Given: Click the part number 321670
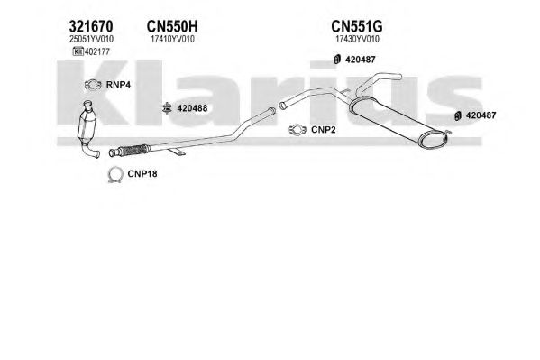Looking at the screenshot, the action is click(x=91, y=26).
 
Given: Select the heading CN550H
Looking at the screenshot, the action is click(x=172, y=26).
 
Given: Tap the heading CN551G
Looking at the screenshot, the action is click(x=357, y=26).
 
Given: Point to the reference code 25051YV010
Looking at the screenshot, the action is click(x=91, y=40).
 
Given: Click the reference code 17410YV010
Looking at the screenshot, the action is click(x=172, y=40).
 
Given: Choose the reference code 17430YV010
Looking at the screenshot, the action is click(x=357, y=40).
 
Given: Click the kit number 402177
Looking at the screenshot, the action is click(x=96, y=51).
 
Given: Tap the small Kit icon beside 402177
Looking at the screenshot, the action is click(x=78, y=51).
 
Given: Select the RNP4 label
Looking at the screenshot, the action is click(x=118, y=85).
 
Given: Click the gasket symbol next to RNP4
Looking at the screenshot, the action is click(x=93, y=85).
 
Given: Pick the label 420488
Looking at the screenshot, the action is click(x=192, y=108).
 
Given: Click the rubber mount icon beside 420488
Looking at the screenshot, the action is click(x=167, y=108).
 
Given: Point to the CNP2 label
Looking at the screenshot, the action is click(x=323, y=130).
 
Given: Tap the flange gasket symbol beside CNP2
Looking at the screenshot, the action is click(x=297, y=130).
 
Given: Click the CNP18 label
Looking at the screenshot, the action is click(x=142, y=174).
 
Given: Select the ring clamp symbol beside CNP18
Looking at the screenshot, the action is click(x=115, y=175).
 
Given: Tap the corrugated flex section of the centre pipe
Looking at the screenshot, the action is click(x=133, y=151).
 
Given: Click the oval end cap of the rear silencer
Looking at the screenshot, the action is click(x=434, y=141).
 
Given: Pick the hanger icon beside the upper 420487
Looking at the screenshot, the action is click(x=337, y=60).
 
